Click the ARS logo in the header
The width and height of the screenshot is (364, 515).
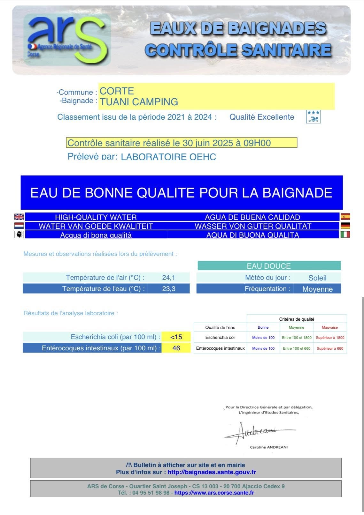[67, 40]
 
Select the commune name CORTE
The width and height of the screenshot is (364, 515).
[117, 91]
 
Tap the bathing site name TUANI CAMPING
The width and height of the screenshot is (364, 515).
[139, 102]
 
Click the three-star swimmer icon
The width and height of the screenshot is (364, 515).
[313, 117]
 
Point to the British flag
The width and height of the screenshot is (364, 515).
[19, 217]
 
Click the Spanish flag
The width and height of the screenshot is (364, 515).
[345, 217]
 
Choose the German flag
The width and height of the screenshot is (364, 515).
[345, 226]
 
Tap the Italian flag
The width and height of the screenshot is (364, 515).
[345, 235]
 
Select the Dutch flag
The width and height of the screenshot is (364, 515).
[19, 226]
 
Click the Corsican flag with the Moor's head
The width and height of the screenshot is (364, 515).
[19, 235]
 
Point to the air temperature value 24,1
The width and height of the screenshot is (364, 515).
[168, 278]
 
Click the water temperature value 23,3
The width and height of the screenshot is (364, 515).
[168, 289]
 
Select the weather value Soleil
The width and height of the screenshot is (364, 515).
[317, 278]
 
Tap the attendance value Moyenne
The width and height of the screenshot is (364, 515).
[317, 289]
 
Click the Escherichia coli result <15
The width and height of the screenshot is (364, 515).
[176, 337]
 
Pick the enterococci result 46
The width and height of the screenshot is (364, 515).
[176, 348]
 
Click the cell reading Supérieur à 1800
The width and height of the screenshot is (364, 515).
[330, 338]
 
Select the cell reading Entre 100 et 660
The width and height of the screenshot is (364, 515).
[297, 348]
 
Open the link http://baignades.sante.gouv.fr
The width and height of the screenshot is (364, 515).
[212, 472]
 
